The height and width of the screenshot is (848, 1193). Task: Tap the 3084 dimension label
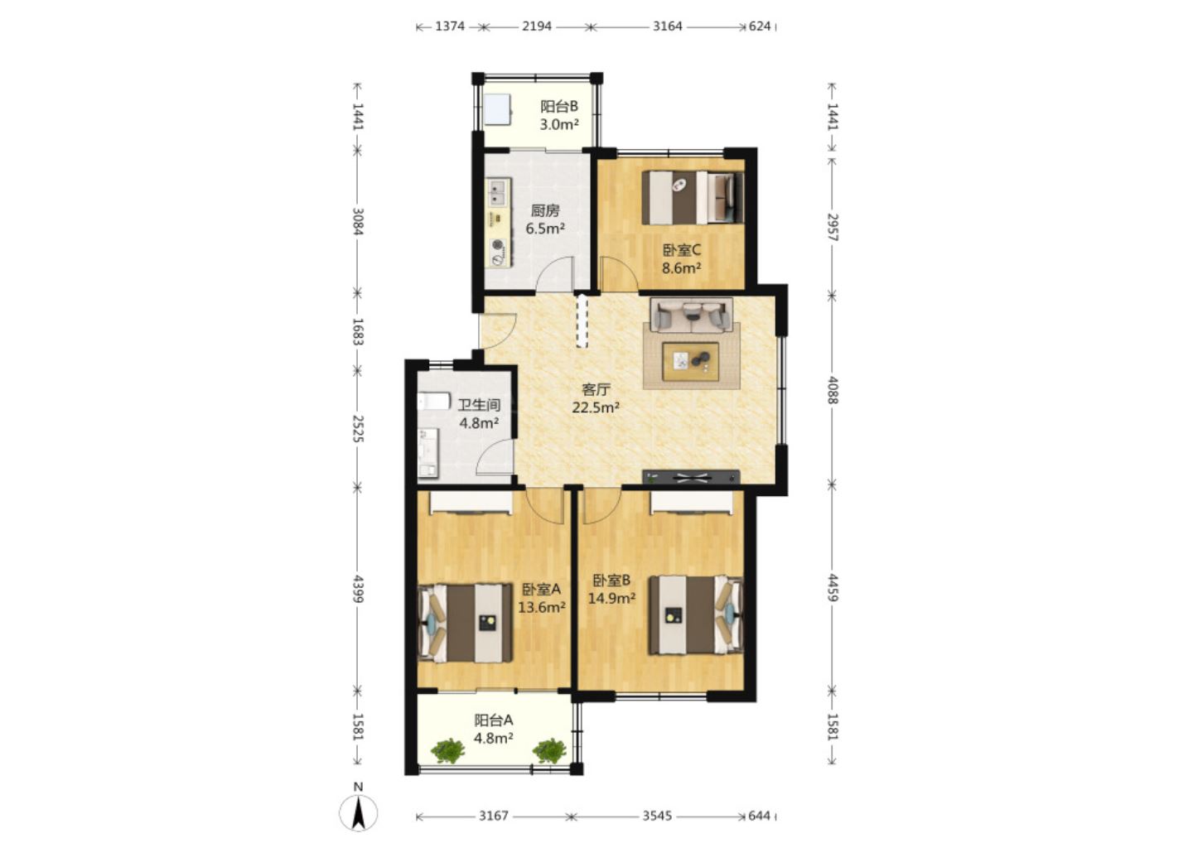pos(358,221)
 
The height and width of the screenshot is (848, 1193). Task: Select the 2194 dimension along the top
pos(536,26)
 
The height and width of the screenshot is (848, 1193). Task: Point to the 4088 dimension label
pos(833,390)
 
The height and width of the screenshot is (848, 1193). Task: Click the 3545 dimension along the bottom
pos(657,816)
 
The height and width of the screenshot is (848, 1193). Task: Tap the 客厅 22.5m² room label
pos(596,398)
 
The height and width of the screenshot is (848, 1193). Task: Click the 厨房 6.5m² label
pos(545,219)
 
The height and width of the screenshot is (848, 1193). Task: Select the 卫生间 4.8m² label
pos(480,414)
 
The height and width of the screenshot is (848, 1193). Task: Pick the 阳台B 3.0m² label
pos(559,115)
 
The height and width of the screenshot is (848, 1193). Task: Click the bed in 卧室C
pos(693,197)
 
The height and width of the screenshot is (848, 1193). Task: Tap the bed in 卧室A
pos(466,624)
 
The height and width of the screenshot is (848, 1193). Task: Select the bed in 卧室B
pos(696,614)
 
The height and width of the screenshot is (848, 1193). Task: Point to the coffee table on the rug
pos(691,361)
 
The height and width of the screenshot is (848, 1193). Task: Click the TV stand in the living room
pos(691,477)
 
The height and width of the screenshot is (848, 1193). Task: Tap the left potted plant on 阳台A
pos(448,750)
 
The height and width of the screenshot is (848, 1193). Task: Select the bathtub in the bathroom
pos(434,401)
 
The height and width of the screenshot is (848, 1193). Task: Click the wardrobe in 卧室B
pos(691,502)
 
